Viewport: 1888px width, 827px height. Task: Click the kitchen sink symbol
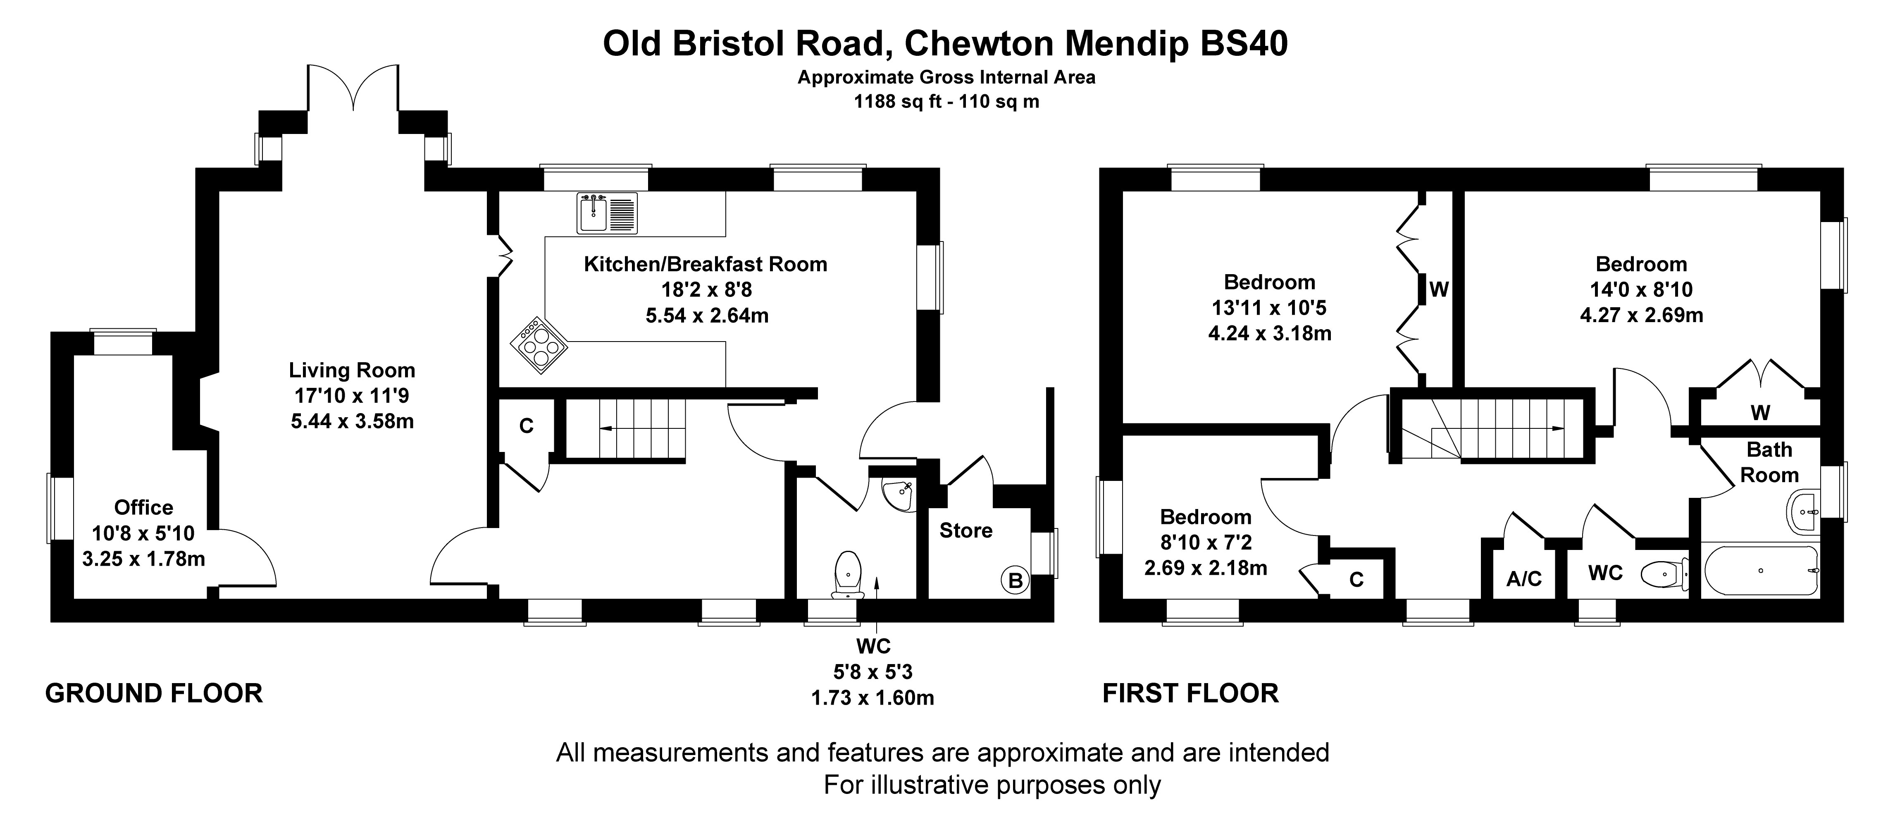(607, 213)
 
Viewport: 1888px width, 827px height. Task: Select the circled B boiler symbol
(1015, 581)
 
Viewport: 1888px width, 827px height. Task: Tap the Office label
(144, 507)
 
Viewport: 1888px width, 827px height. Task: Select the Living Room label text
(352, 370)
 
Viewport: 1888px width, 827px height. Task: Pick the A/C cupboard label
(1524, 579)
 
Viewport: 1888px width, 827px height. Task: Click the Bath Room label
(1769, 462)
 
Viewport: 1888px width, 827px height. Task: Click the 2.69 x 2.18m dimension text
(1206, 567)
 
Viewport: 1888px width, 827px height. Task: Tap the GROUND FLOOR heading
(154, 693)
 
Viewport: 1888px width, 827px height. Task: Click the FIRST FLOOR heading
(1191, 693)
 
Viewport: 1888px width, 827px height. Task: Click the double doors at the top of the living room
(354, 88)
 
